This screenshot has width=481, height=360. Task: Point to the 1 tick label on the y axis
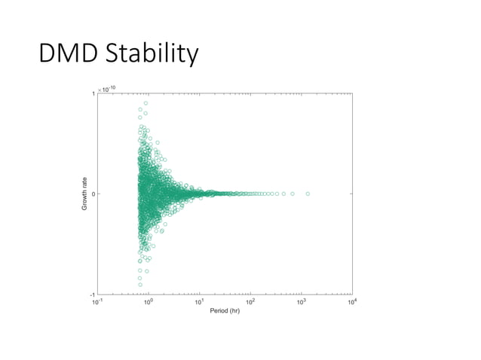point(93,94)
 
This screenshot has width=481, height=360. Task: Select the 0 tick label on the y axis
point(93,194)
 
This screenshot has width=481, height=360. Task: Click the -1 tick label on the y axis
point(92,294)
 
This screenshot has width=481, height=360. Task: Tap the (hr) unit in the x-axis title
point(234,310)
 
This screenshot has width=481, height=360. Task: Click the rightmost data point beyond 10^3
point(308,194)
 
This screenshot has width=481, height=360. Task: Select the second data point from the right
point(293,194)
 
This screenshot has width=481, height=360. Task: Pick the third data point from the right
point(283,194)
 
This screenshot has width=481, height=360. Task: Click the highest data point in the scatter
point(146,103)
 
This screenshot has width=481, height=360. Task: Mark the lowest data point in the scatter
point(140,285)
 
